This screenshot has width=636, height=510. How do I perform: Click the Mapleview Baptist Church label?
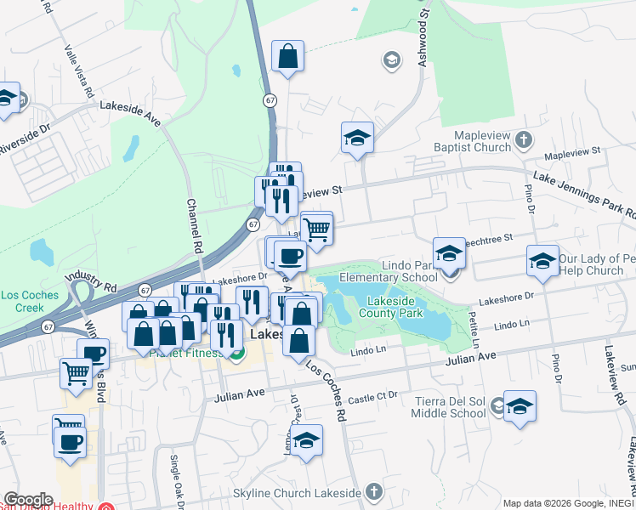tap(471, 141)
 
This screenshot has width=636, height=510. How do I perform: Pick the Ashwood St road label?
tap(423, 34)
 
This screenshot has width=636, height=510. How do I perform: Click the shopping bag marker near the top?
tap(288, 57)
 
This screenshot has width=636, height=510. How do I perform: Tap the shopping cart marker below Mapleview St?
tap(316, 229)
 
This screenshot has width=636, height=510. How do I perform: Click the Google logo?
tap(27, 499)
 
